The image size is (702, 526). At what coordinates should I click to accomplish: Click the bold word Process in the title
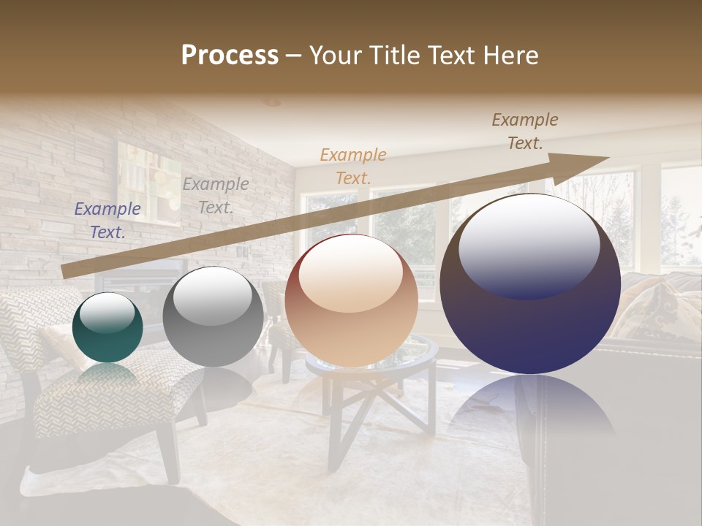pos(230,56)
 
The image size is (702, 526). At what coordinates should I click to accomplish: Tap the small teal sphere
pos(107,328)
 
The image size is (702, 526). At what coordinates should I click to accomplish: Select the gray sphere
pos(213,316)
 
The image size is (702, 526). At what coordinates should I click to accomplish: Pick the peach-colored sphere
pos(351,300)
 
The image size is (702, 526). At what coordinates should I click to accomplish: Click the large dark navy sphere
pos(530,284)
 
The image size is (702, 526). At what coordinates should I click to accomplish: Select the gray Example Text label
pos(215,196)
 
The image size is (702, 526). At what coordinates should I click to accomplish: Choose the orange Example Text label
pos(353,166)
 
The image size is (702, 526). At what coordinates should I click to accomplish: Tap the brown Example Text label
pos(525,131)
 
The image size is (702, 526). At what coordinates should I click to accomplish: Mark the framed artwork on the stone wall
pos(148,180)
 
